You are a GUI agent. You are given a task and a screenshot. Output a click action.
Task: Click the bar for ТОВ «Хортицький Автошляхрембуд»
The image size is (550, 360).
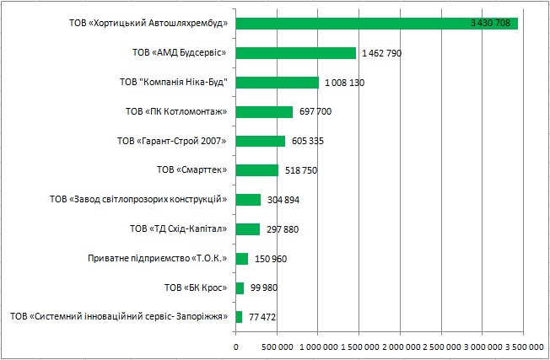(376, 23)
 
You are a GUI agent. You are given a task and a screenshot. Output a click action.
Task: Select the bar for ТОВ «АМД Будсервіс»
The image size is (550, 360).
(295, 53)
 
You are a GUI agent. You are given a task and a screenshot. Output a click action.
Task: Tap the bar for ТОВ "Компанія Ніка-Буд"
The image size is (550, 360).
(277, 83)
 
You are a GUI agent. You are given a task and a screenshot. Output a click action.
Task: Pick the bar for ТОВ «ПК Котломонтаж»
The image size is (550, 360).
(264, 111)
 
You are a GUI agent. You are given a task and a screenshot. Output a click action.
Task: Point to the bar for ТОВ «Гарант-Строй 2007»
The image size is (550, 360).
(260, 141)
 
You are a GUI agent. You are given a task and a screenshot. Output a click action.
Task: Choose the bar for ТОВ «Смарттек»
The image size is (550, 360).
(256, 170)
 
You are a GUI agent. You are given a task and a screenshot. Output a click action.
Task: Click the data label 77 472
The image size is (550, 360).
(259, 317)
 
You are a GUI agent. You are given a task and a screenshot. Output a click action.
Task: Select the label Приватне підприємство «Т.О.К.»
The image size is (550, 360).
(159, 259)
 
